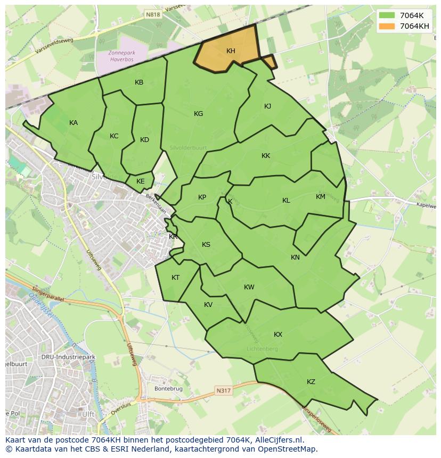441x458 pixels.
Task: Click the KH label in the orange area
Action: pos(231,51)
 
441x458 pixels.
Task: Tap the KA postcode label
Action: pos(73,123)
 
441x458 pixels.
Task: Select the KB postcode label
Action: pos(139,82)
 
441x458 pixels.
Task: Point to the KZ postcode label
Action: pos(311,382)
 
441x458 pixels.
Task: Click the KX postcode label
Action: pos(278,335)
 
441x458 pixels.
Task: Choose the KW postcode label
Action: pos(249,287)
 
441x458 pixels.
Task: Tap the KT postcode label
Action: pos(176,278)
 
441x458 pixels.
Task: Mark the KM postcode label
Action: pos(320,197)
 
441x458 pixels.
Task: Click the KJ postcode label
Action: pos(267,106)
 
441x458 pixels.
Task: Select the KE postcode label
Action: pos(140,181)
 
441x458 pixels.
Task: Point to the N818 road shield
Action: pos(153,16)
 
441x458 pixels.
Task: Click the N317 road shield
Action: pos(224,391)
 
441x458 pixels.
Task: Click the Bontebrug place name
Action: pos(168,389)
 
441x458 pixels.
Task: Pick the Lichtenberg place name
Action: pos(262,349)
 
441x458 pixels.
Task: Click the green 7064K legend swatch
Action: pos(387,15)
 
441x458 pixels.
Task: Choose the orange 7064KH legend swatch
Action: pos(387,26)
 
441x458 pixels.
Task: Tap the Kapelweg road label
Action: pos(426,204)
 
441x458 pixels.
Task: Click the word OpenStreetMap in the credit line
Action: pos(290,449)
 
